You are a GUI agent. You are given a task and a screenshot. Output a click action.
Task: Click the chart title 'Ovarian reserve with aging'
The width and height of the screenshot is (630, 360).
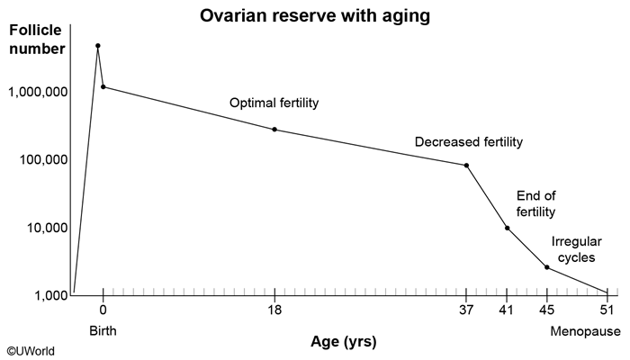(315, 16)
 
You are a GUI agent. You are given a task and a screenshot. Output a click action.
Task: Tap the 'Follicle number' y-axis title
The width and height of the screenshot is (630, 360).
(37, 40)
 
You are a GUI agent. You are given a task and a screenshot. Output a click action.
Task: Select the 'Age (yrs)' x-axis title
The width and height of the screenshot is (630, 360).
(344, 342)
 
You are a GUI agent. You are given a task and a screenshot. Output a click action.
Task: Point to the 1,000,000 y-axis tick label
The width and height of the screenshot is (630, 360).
(38, 92)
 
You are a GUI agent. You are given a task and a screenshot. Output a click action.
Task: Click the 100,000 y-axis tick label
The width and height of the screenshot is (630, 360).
(44, 160)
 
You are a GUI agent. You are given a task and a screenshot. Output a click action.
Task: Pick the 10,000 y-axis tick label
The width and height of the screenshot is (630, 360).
(48, 229)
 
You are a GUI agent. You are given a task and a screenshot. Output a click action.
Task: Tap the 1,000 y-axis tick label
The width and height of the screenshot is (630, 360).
(51, 296)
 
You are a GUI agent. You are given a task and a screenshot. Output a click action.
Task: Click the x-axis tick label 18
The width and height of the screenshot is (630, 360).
(274, 310)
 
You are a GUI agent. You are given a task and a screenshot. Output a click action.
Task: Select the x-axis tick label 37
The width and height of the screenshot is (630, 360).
(466, 310)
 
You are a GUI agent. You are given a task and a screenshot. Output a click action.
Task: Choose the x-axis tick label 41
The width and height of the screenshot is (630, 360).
(507, 310)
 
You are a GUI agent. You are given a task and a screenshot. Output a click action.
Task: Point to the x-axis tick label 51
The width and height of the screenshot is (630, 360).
(607, 310)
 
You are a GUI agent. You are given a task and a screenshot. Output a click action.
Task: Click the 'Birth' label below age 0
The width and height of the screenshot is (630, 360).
(103, 330)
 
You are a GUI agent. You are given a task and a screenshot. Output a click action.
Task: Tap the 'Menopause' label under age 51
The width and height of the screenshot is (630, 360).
(585, 331)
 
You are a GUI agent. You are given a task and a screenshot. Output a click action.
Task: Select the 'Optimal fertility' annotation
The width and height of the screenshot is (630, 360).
(274, 103)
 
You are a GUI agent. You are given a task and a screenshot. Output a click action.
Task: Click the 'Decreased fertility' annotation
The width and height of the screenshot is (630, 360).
(469, 142)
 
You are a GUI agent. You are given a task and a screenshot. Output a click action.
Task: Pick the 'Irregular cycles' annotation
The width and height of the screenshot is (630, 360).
(577, 249)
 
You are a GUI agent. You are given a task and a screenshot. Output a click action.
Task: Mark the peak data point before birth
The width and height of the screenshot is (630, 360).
(97, 46)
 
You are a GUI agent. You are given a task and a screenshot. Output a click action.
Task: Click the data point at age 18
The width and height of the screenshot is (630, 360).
(274, 130)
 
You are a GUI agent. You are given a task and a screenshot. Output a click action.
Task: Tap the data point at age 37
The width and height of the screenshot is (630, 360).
(466, 166)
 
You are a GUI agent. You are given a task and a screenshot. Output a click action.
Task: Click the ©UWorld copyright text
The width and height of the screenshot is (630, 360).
(31, 351)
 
